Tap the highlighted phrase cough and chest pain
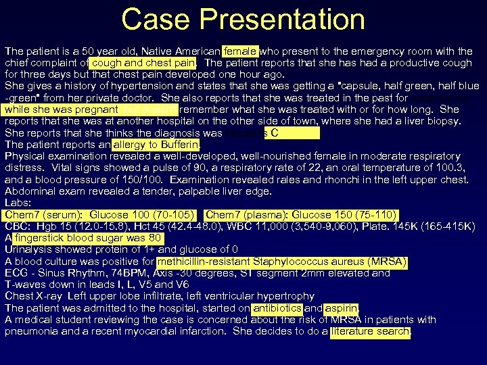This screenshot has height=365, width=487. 143,62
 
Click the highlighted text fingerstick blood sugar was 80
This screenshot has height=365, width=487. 88,238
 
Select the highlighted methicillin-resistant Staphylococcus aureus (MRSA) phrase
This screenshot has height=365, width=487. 282,262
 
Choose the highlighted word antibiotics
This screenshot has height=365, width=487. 277,308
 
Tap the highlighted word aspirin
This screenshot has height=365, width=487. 341,308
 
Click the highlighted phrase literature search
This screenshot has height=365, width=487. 371,331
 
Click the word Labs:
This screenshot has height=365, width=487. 18,203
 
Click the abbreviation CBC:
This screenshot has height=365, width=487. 17,226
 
